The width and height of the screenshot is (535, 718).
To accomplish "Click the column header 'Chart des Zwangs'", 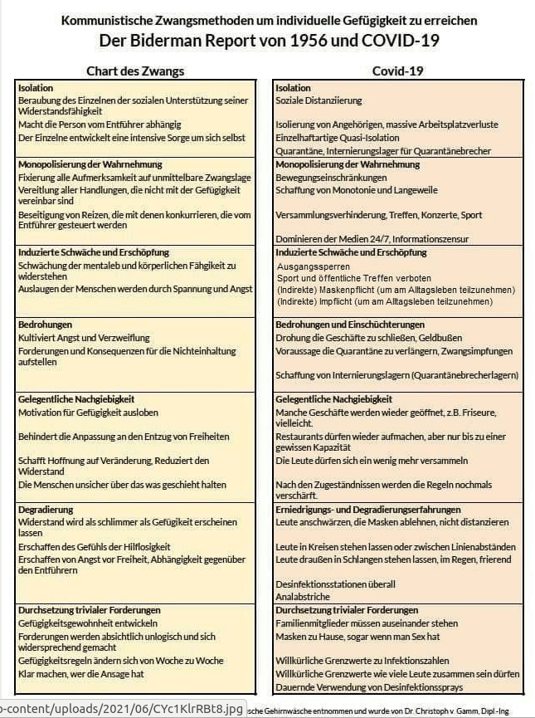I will [135, 71].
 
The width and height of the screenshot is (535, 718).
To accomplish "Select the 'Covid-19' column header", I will [398, 71].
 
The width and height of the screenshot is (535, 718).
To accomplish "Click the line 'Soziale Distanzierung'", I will [319, 100].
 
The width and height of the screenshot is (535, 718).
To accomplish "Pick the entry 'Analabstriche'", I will [303, 597].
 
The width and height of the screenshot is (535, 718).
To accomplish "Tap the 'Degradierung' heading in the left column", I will [46, 509].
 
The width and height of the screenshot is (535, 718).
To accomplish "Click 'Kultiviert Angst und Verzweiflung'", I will [84, 338].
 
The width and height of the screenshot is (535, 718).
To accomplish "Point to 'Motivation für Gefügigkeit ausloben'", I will [88, 413].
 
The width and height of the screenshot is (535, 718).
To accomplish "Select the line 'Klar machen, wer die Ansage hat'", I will [83, 673].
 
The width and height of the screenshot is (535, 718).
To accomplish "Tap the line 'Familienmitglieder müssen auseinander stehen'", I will [367, 623].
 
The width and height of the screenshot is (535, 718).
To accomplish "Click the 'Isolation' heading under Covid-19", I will [293, 88].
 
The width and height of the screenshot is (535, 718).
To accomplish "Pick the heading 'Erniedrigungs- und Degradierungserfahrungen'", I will [368, 509].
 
